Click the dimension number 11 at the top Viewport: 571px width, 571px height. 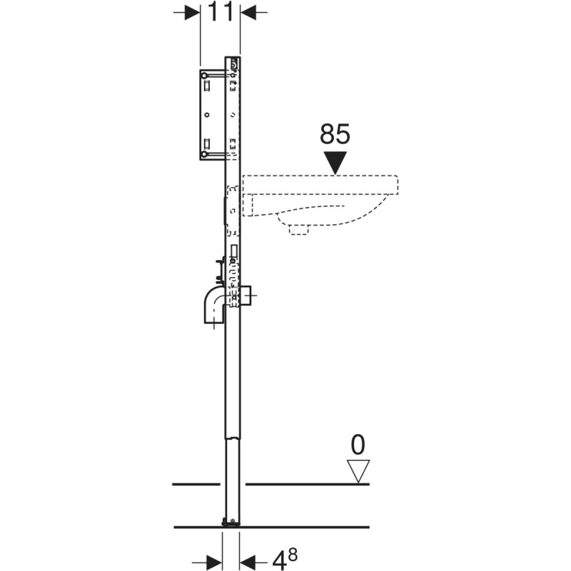pos(220,11)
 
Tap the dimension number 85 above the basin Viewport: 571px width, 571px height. pos(335,133)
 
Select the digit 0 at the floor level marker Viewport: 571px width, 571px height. pos(358,445)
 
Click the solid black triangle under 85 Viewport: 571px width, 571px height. pos(335,163)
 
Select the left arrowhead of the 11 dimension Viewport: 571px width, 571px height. pos(192,12)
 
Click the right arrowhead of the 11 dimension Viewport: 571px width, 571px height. pos(248,12)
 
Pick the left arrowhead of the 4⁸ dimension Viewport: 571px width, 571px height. pos(215,561)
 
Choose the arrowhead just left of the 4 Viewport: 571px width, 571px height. pos(247,561)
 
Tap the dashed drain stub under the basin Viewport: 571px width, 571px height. pos(298,229)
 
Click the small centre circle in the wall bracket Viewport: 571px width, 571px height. pos(207,115)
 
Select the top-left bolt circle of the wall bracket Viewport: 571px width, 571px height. pos(205,76)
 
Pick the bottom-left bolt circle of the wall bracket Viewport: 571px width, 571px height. pos(205,154)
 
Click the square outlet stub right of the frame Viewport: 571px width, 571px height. pos(246,295)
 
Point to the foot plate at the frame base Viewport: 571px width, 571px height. pos(231,523)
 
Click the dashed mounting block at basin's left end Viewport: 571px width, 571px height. pos(248,205)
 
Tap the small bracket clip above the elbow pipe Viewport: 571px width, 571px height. pos(219,271)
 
